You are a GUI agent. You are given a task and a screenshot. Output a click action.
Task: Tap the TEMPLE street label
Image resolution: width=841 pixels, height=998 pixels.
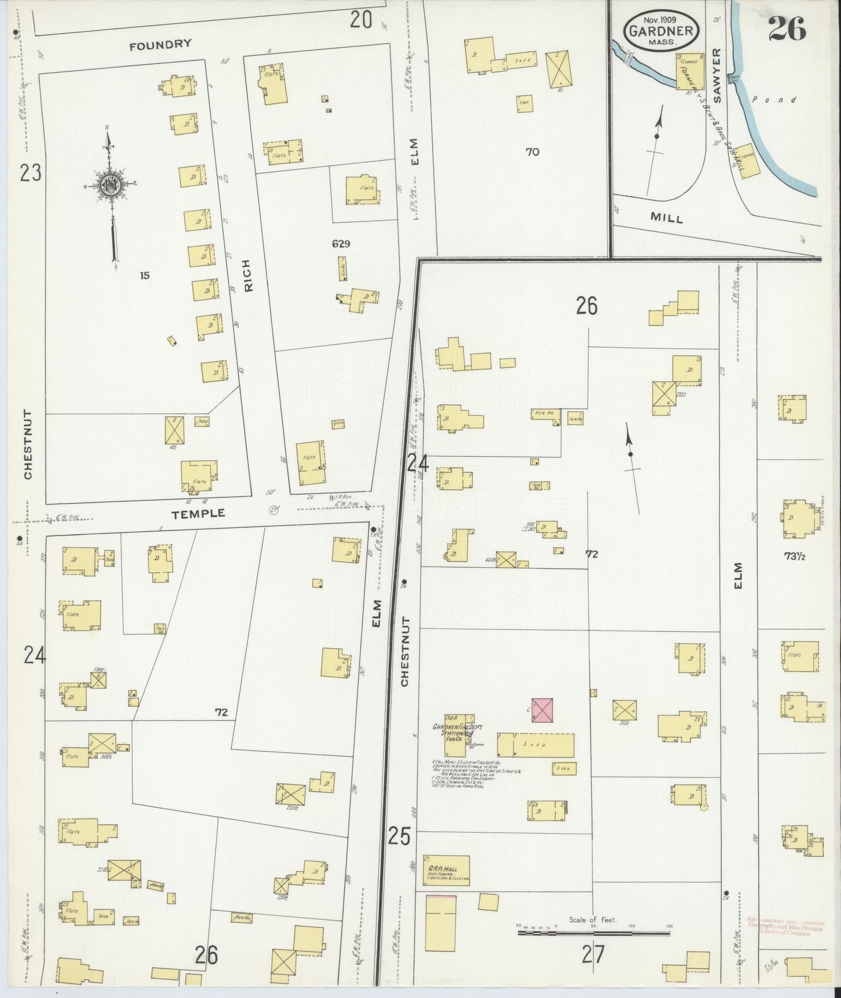pyautogui.click(x=198, y=513)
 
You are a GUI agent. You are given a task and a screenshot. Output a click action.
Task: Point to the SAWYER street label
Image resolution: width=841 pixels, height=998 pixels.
pyautogui.click(x=716, y=76)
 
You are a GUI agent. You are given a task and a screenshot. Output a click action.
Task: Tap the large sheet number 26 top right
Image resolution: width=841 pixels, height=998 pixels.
pyautogui.click(x=786, y=28)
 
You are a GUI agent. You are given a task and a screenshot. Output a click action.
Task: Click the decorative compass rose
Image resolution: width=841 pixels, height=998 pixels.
pyautogui.click(x=110, y=185)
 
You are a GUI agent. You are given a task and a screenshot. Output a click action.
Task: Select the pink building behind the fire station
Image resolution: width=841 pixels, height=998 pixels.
pyautogui.click(x=542, y=710)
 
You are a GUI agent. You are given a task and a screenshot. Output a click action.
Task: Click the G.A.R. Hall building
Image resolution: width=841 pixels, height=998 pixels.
pyautogui.click(x=446, y=870)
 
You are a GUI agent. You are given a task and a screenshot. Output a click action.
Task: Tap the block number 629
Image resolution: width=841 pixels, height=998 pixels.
pyautogui.click(x=341, y=243)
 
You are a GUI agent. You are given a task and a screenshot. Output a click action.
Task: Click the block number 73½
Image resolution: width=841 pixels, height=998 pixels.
pyautogui.click(x=794, y=556)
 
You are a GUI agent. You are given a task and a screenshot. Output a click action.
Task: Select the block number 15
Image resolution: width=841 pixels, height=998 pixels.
pyautogui.click(x=144, y=275)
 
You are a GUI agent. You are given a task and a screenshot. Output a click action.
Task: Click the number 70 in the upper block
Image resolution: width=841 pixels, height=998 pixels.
pyautogui.click(x=532, y=152)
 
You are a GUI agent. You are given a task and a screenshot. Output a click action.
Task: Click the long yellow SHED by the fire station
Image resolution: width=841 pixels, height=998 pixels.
pyautogui.click(x=535, y=745)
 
